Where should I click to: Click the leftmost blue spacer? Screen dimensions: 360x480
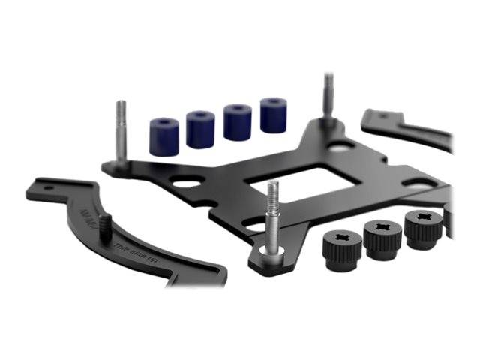click(164, 136)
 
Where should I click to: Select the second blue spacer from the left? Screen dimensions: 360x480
click(200, 129)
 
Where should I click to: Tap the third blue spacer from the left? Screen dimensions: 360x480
click(237, 122)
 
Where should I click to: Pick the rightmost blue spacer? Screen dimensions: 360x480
click(273, 115)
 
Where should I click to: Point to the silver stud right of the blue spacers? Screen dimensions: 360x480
click(328, 97)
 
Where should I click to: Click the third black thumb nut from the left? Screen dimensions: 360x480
click(423, 226)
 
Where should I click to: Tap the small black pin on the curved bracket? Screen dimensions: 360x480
click(106, 224)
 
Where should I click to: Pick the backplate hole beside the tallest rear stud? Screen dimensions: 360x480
click(339, 148)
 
